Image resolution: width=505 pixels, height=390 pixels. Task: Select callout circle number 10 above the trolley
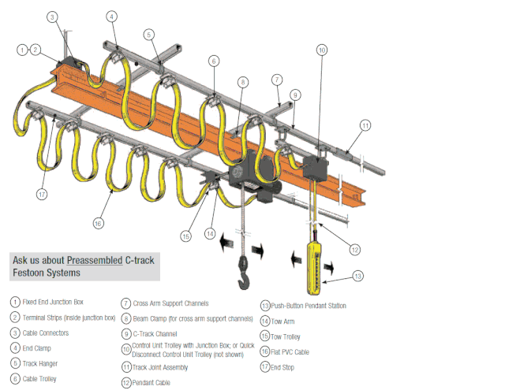322,49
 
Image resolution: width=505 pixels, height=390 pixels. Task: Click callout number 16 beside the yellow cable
97,224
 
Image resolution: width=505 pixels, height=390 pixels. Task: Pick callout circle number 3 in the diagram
51,17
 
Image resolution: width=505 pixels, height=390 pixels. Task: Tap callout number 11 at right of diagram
365,125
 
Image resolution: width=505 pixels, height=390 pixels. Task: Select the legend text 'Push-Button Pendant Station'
309,306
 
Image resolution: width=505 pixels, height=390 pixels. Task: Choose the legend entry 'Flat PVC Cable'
295,351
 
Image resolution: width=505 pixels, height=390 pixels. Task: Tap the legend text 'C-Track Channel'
158,333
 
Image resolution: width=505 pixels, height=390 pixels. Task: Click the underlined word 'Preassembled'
95,259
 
